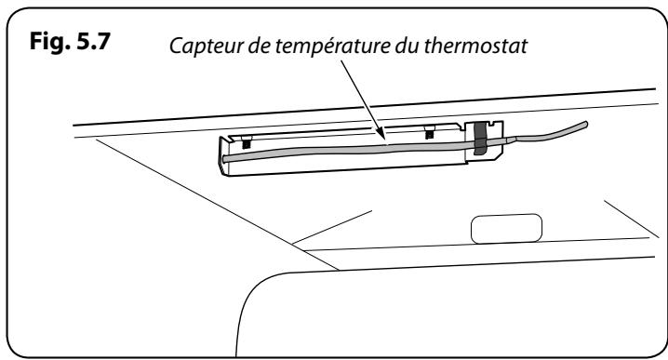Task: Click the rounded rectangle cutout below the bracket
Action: click(x=506, y=229)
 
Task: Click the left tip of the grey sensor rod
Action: click(x=225, y=161)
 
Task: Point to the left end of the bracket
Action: click(x=221, y=153)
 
